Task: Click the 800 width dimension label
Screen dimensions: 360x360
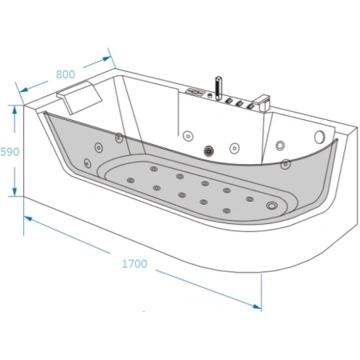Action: point(66,74)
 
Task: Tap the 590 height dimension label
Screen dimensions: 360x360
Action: point(10,152)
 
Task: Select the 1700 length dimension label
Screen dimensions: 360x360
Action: point(134,264)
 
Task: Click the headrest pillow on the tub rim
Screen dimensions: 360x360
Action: point(79,98)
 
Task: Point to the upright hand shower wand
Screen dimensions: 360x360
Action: point(218,88)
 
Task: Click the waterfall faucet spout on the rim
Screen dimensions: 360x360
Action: point(262,104)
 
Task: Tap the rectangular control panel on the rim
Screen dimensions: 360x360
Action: point(195,92)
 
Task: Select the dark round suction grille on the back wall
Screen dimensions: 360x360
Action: point(209,151)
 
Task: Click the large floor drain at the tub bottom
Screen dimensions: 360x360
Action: point(272,206)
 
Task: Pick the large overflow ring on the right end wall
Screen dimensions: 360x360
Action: point(319,137)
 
